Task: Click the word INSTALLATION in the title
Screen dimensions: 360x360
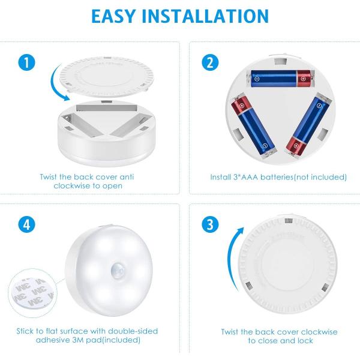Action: (x=209, y=16)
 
